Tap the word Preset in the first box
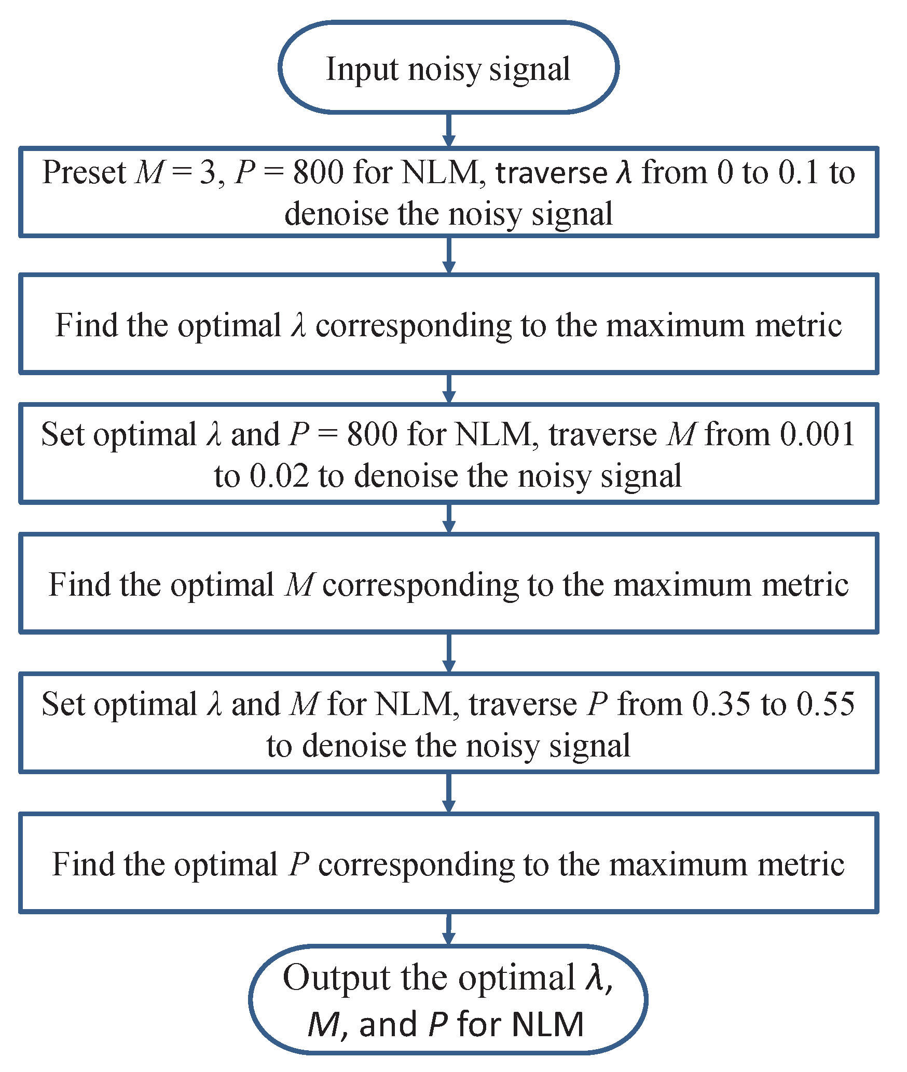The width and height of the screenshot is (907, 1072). tap(84, 172)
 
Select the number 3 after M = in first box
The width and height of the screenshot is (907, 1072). tap(208, 172)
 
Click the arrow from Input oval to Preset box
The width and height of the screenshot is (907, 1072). tap(449, 130)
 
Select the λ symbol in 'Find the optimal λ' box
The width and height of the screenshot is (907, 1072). tap(298, 326)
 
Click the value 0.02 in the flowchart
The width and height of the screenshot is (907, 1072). tap(279, 476)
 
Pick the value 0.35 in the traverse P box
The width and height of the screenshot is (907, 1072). tap(721, 705)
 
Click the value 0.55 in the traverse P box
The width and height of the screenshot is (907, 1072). tap(826, 705)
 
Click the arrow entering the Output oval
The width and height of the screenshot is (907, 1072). tap(449, 929)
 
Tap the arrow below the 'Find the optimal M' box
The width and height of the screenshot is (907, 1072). tap(449, 653)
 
